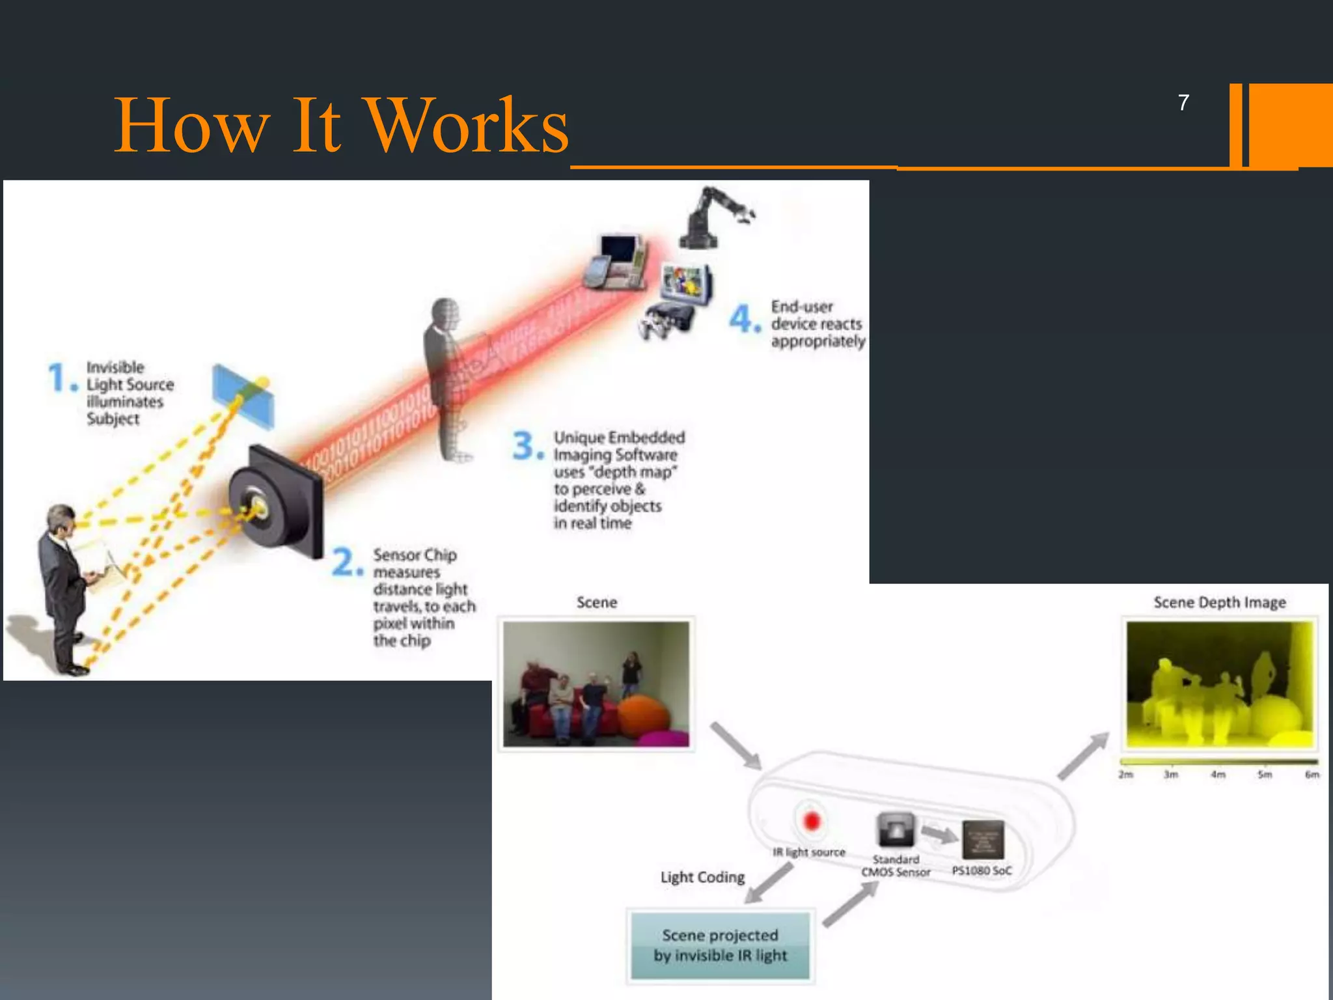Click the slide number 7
(x=1183, y=103)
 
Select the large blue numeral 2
(x=345, y=562)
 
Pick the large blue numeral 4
(x=742, y=319)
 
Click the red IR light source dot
(x=811, y=821)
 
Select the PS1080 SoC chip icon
(x=983, y=840)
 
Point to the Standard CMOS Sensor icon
(x=896, y=829)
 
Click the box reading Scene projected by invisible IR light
(x=721, y=945)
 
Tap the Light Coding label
(x=702, y=877)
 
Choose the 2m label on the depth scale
(x=1126, y=775)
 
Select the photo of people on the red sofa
(x=596, y=684)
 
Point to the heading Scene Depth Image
(x=1220, y=602)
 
